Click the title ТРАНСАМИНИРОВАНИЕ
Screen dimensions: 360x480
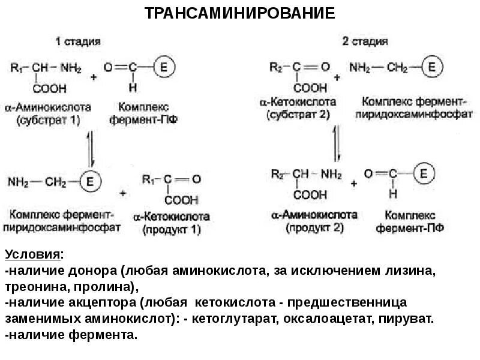point(240,14)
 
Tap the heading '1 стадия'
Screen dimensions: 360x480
point(78,42)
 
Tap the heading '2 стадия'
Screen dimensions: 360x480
point(365,42)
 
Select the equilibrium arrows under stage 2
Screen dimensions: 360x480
point(337,146)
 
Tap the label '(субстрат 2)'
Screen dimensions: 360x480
point(298,114)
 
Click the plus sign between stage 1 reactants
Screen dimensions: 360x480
point(94,77)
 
